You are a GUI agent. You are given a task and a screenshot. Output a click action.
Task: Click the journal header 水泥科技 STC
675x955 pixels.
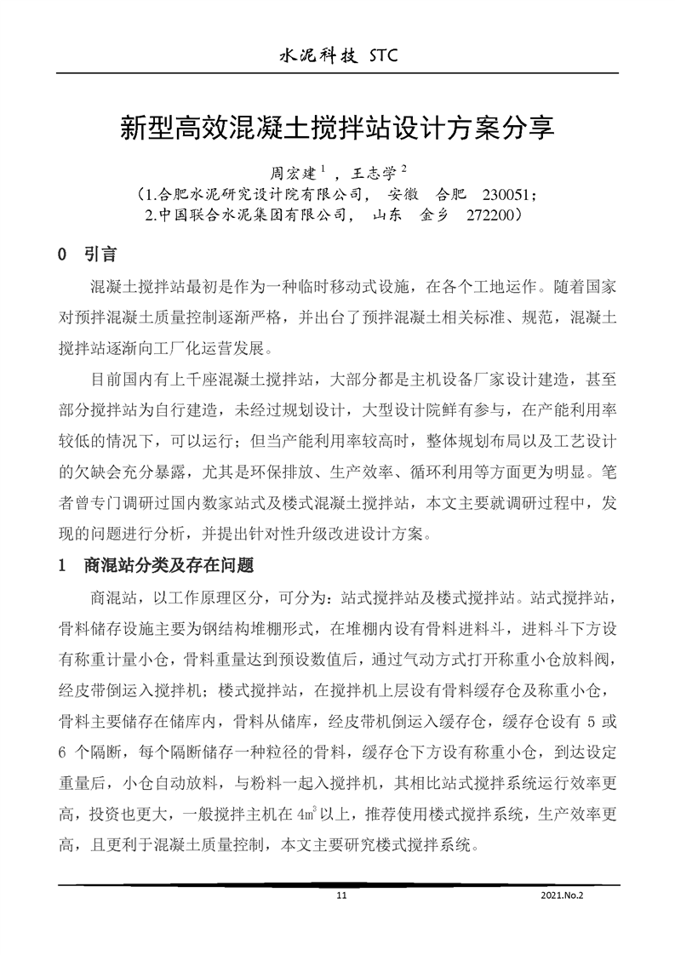click(338, 56)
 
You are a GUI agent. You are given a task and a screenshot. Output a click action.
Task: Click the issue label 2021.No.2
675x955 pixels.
click(562, 895)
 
